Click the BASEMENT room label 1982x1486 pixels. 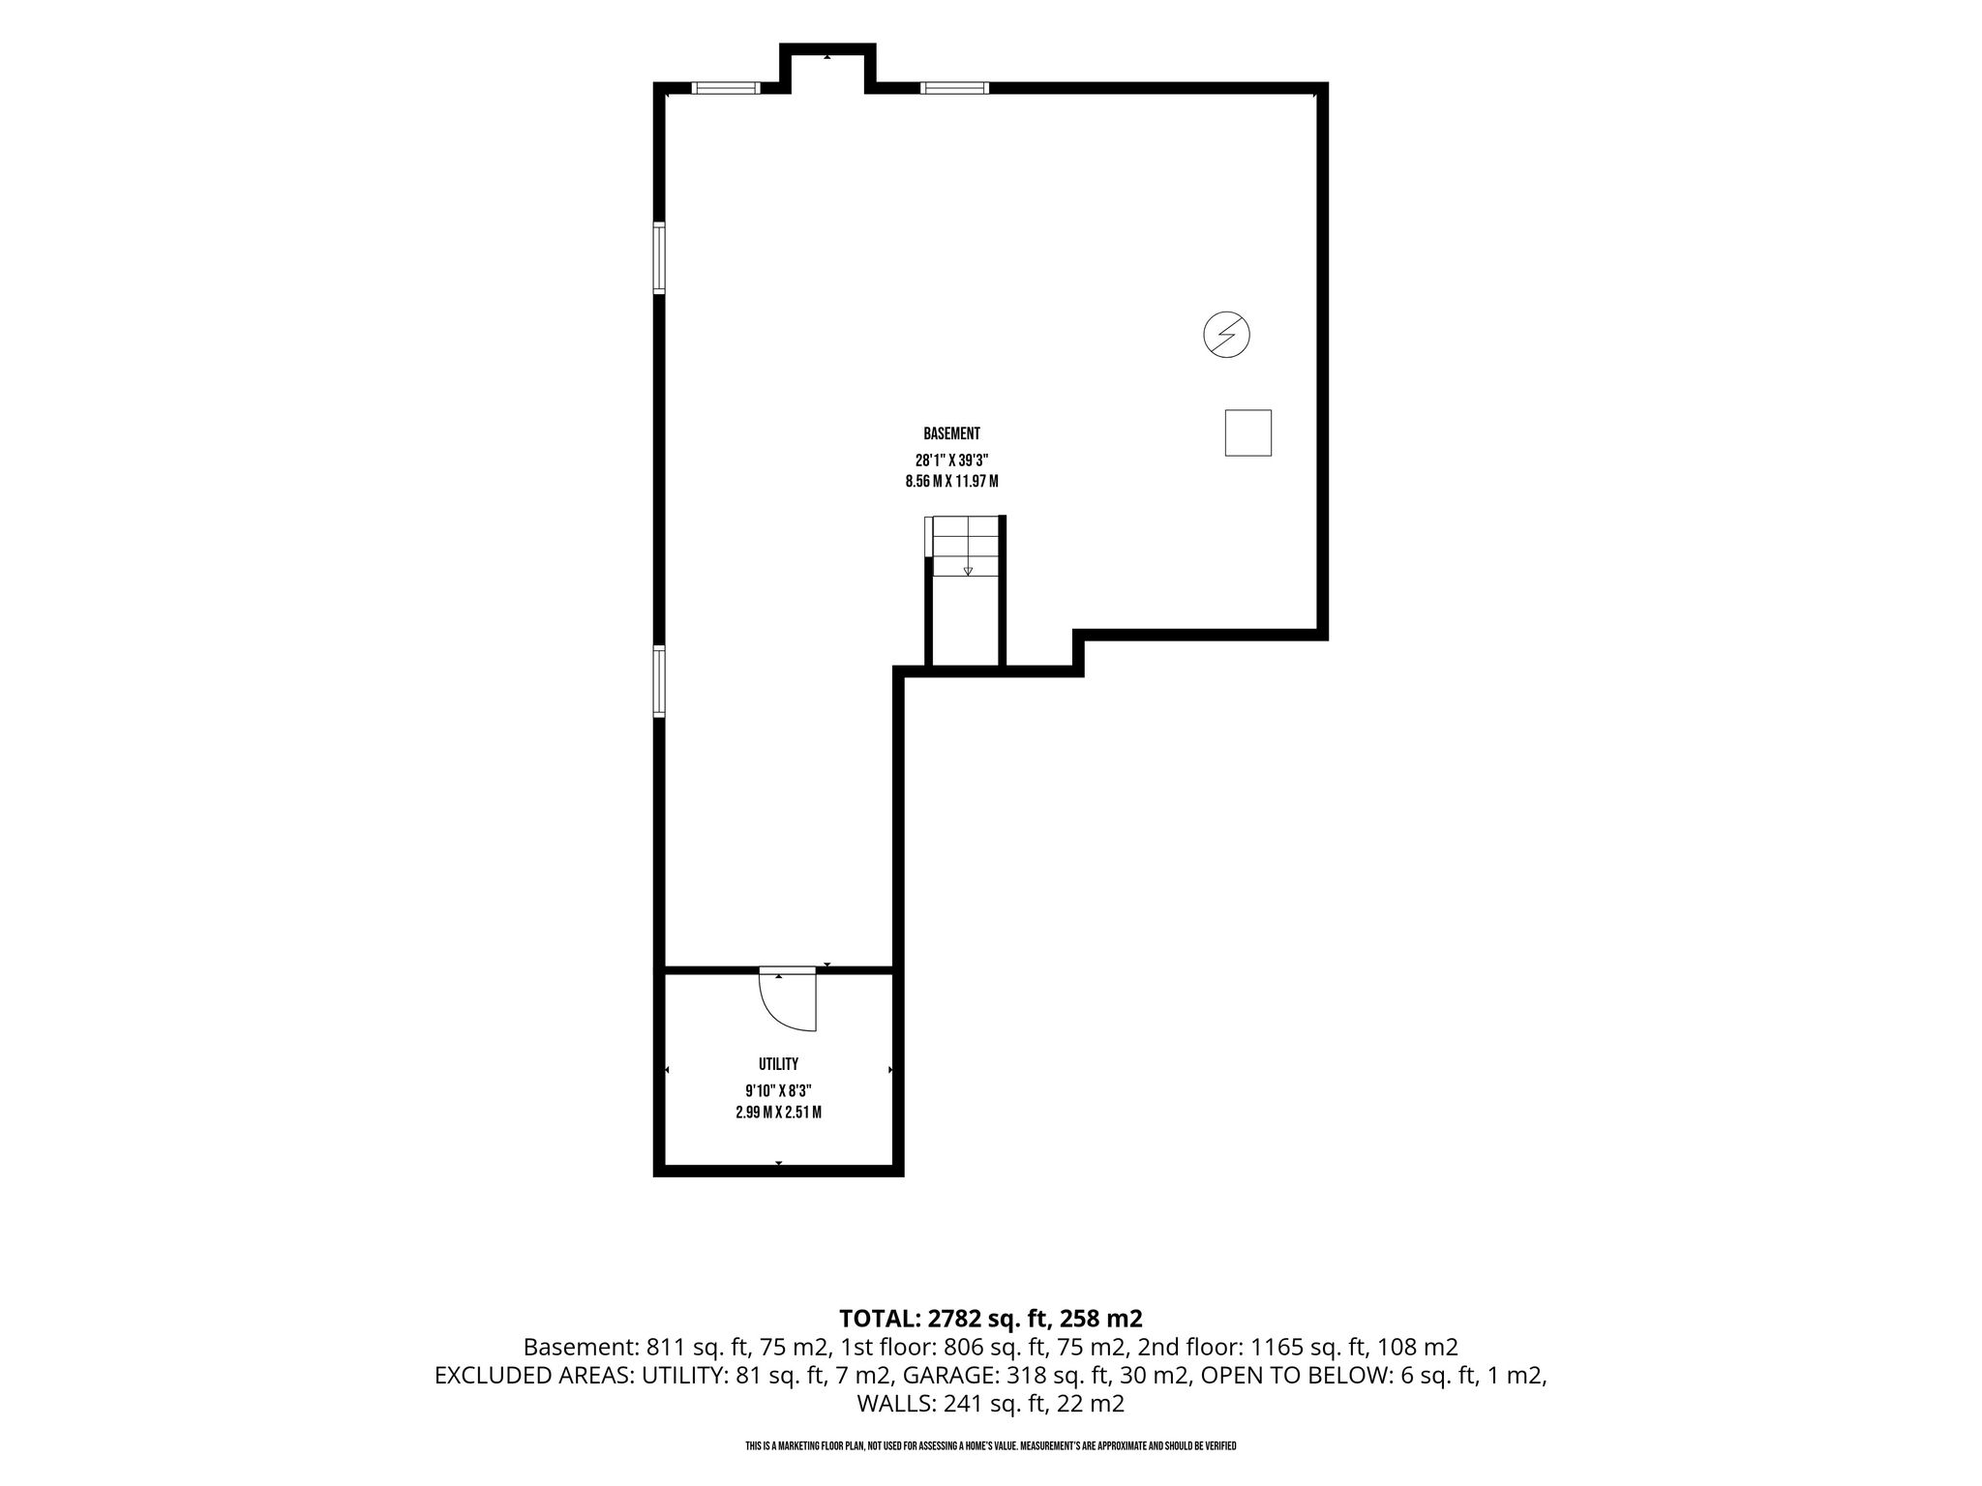point(951,434)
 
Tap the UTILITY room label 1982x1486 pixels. point(778,1064)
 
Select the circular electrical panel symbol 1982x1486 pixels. point(1226,335)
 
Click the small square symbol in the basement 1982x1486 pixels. point(1247,432)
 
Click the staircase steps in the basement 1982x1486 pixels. point(964,547)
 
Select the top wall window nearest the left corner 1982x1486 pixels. point(726,88)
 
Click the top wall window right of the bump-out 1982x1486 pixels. point(954,88)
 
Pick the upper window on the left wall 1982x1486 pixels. point(659,258)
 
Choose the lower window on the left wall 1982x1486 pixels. point(659,682)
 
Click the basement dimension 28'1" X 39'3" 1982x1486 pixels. point(951,461)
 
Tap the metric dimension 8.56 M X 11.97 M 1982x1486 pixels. point(951,482)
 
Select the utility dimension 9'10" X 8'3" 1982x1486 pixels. point(778,1091)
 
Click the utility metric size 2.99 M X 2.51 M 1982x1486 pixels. point(778,1113)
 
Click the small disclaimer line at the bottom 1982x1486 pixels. point(990,1446)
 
